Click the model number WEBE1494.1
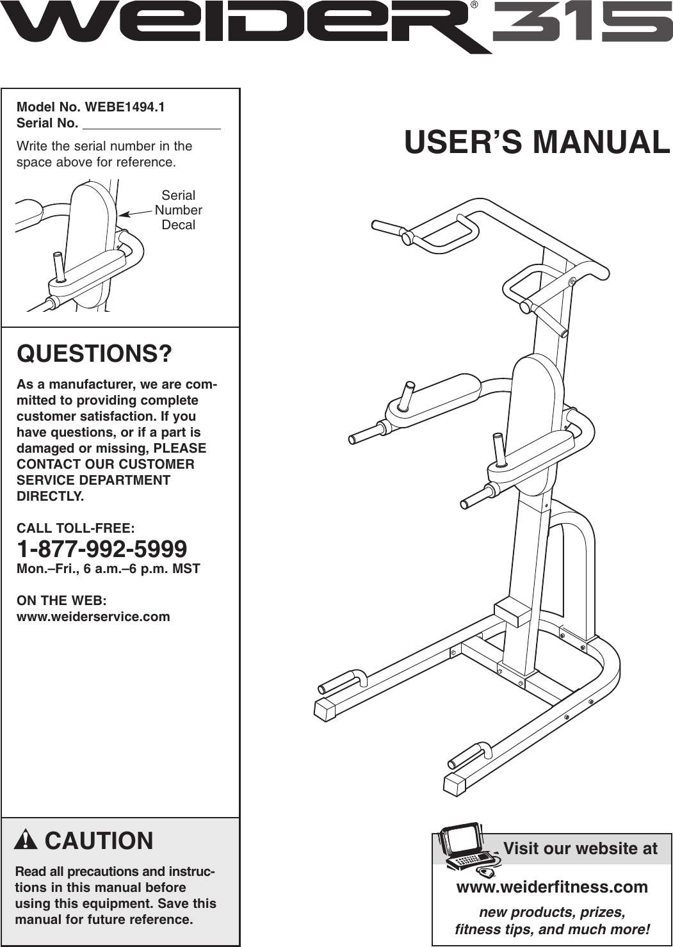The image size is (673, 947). tap(124, 107)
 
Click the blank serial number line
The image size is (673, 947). tap(152, 125)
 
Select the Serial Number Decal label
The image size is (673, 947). tap(178, 210)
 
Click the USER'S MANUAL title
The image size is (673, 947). tap(537, 142)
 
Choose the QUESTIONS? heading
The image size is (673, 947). tap(94, 353)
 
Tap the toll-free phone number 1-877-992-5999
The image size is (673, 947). tap(102, 549)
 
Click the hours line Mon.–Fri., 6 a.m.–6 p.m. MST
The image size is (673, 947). tap(108, 569)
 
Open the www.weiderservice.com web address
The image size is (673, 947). tap(93, 617)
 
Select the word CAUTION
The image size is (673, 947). tap(99, 841)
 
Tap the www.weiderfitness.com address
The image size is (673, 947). tap(551, 887)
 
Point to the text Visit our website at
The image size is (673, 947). tap(580, 848)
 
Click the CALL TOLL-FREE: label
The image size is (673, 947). tap(76, 528)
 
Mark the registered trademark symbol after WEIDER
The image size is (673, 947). tap(474, 5)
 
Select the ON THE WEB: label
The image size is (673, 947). tap(61, 601)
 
